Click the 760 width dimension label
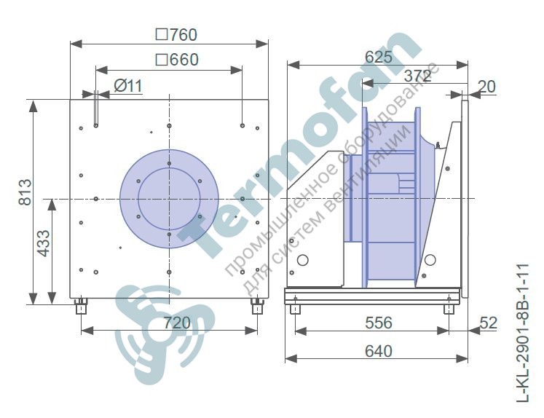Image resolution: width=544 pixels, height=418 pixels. tap(176, 35)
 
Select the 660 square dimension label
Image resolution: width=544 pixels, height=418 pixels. tap(177, 60)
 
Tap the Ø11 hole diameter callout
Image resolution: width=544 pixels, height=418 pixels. tap(128, 86)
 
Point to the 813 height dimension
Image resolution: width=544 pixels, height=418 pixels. tap(25, 192)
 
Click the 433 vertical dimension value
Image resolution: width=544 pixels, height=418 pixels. tap(44, 243)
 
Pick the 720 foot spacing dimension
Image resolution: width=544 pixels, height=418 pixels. tap(177, 323)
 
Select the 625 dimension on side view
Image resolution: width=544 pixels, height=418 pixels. tap(379, 58)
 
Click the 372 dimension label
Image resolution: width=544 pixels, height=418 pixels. tap(418, 76)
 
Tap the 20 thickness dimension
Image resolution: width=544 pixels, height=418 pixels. tap(486, 87)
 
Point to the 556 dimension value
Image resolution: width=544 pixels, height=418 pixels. tap(379, 323)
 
